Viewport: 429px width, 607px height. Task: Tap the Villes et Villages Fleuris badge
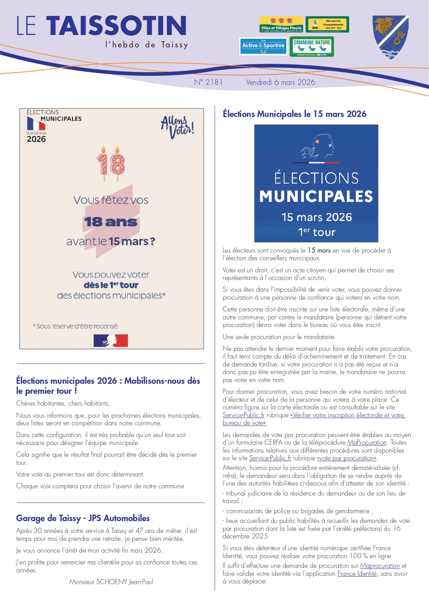pos(281,24)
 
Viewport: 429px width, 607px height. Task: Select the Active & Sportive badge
pos(263,46)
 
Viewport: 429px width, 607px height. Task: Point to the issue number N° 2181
pos(208,82)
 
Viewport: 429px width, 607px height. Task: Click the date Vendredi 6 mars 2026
pos(280,82)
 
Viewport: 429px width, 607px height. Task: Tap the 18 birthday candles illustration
pos(111,164)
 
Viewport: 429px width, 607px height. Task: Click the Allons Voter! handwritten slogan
pos(177,127)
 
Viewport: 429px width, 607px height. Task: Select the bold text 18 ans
pos(111,222)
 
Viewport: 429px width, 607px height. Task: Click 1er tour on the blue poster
pos(317,232)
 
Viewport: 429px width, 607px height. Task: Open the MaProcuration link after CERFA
pos(366,443)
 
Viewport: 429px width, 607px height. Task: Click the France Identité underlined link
pos(357,574)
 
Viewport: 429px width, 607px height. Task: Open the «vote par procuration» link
pos(346,458)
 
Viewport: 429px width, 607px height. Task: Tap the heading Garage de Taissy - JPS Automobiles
pos(83,518)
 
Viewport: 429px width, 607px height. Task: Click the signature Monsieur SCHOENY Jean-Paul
pos(111,582)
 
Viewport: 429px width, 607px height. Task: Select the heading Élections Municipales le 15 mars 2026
pos(295,114)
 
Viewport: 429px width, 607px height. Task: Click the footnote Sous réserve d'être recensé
pos(75,326)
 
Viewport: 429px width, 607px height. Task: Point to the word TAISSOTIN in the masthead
pos(116,26)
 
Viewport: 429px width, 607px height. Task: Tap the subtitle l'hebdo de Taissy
pos(147,45)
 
